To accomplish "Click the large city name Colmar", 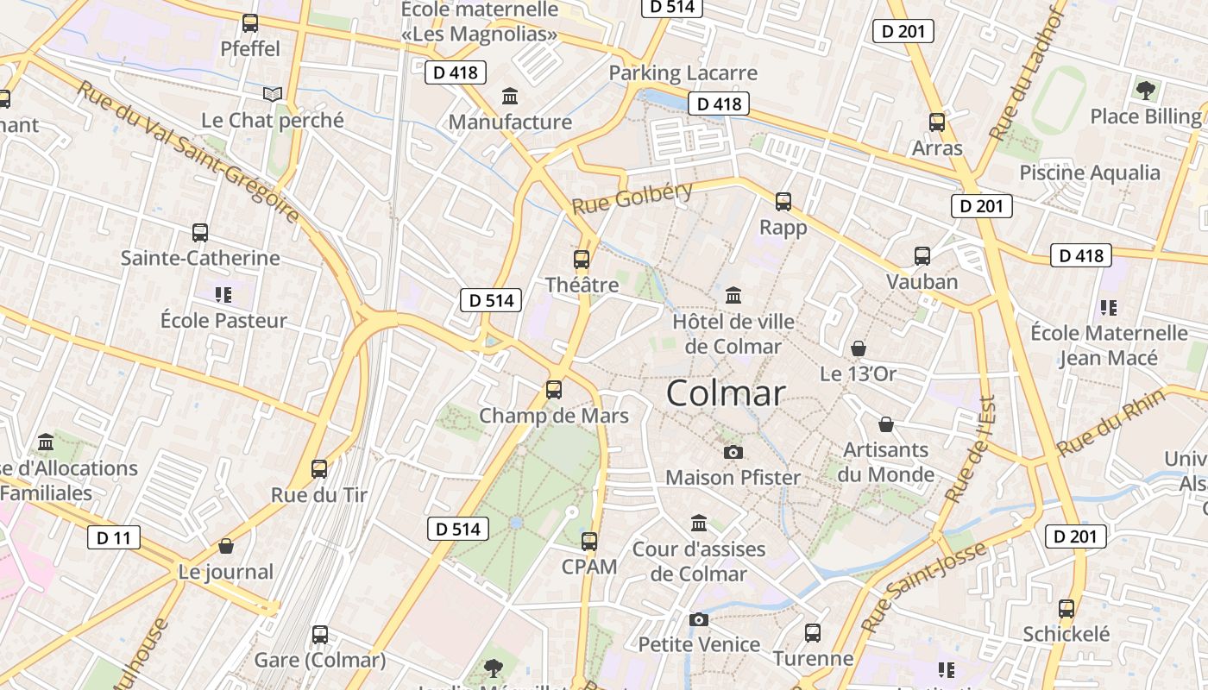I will click(x=726, y=393).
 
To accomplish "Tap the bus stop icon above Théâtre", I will click(x=582, y=259).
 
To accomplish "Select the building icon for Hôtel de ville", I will click(x=733, y=296).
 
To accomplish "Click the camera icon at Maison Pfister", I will click(x=733, y=452).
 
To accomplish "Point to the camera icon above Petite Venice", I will click(x=699, y=619).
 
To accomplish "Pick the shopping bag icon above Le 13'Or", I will click(x=859, y=348).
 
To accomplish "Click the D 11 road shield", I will click(x=113, y=538).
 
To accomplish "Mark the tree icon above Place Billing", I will click(x=1145, y=90).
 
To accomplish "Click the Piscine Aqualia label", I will click(x=1090, y=172).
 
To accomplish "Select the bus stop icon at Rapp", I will click(x=783, y=202).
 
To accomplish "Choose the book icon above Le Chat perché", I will click(x=273, y=94).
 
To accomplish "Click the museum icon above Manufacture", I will click(x=510, y=96).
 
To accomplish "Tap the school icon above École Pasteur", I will click(x=223, y=295).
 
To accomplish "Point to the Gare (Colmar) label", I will click(x=320, y=661).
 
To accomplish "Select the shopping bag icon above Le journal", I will click(x=226, y=546).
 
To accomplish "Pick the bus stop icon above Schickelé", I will click(x=1066, y=608).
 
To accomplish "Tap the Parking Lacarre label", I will click(x=683, y=73).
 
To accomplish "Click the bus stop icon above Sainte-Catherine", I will click(x=200, y=232).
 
